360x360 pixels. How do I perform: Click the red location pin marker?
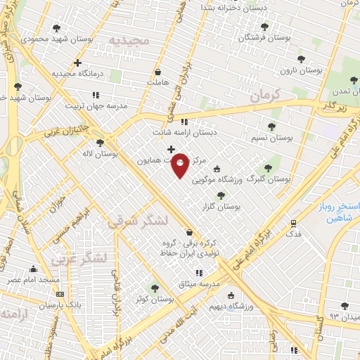[181, 165]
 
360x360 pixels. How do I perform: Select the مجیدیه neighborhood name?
[130, 41]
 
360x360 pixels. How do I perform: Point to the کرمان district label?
[265, 94]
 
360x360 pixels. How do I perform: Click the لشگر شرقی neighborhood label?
[139, 221]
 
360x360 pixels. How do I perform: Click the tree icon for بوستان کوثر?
[155, 287]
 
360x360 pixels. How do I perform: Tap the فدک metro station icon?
[294, 222]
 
